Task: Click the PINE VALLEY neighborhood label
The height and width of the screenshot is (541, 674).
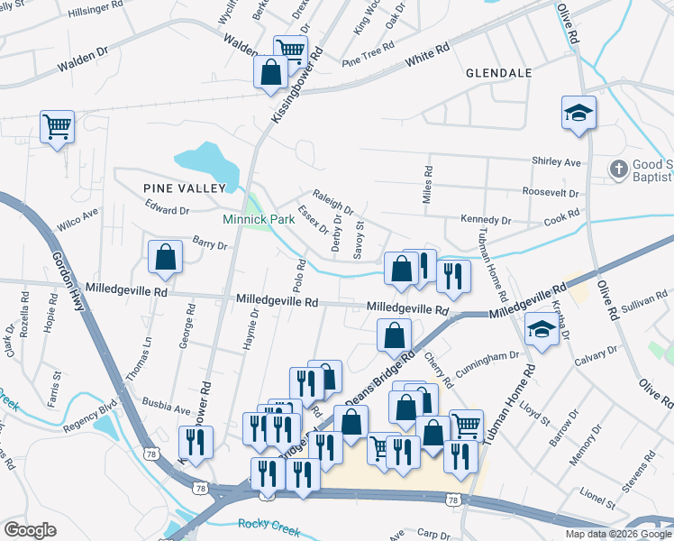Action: click(x=183, y=188)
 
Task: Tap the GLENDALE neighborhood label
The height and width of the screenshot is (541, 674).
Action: click(x=499, y=72)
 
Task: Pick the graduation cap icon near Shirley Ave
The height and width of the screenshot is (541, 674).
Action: click(x=578, y=114)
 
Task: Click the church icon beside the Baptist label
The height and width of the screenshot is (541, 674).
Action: click(x=618, y=168)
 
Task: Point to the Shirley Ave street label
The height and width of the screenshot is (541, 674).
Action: click(x=560, y=162)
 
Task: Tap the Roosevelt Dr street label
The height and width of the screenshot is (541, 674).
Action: click(x=551, y=192)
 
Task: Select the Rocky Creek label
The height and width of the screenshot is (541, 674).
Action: click(x=267, y=524)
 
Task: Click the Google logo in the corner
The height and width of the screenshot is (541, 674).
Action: click(x=30, y=530)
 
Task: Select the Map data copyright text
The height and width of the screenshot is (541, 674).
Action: click(x=617, y=534)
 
